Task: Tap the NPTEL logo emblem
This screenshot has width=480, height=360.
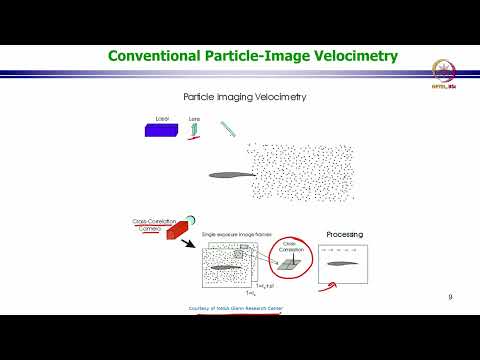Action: tap(441, 71)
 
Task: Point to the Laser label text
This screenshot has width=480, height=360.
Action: tap(164, 118)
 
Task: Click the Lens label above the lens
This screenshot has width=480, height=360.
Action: tap(195, 118)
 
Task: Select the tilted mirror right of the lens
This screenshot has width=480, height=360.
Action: tap(228, 130)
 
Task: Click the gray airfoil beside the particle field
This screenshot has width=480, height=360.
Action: tap(228, 175)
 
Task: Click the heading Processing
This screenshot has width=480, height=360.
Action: tap(346, 234)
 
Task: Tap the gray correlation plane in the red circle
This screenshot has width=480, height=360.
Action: tap(289, 264)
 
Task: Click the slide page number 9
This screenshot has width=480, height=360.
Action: tap(451, 297)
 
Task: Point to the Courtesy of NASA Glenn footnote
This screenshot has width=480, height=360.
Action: tap(236, 309)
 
